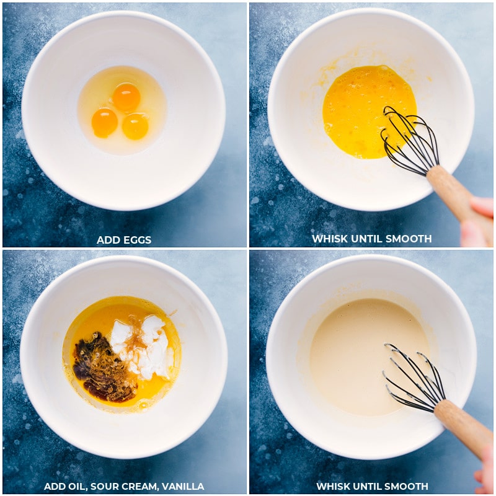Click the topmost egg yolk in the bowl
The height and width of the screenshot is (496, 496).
(x=126, y=97)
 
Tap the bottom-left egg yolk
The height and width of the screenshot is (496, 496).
(x=104, y=123)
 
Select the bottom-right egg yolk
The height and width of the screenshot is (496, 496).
(x=135, y=126)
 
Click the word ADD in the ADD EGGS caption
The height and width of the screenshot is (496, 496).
(x=109, y=240)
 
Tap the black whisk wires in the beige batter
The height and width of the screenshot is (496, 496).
(x=413, y=378)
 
